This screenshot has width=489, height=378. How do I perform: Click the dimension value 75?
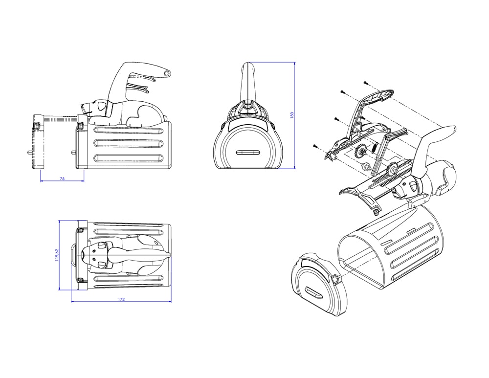pos(62,178)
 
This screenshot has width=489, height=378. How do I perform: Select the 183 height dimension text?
pos(292,115)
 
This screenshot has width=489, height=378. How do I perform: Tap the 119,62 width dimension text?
pos(56,255)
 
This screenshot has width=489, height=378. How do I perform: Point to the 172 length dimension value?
pos(121,299)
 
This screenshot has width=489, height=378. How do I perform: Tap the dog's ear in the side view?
pos(101,106)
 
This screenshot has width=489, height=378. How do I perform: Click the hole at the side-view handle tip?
pos(167,73)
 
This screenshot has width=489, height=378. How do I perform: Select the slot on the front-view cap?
pos(248,153)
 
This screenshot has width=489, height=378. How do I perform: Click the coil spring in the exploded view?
pos(374,147)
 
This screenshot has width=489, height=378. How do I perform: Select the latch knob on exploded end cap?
pos(335,279)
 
